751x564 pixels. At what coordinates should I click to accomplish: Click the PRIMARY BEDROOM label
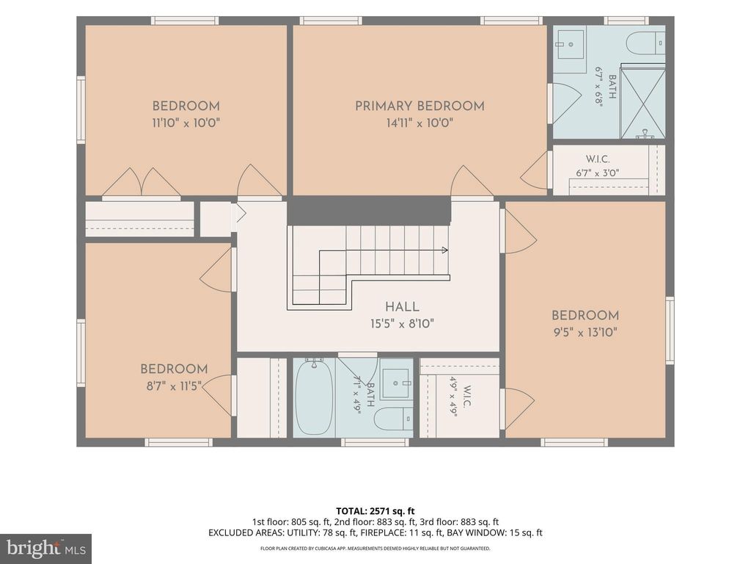pyautogui.click(x=420, y=106)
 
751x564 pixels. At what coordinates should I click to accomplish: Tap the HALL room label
pyautogui.click(x=403, y=307)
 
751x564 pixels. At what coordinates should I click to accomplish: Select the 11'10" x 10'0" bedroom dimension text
pyautogui.click(x=186, y=123)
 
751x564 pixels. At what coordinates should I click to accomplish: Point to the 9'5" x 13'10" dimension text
pyautogui.click(x=585, y=332)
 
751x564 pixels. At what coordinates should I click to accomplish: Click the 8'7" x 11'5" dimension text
pyautogui.click(x=174, y=386)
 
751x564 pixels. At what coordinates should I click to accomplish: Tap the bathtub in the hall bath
pyautogui.click(x=314, y=397)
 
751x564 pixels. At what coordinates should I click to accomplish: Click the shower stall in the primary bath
pyautogui.click(x=642, y=101)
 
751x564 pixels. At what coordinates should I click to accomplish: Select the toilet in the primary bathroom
pyautogui.click(x=645, y=43)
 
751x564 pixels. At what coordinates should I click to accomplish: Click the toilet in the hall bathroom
pyautogui.click(x=393, y=419)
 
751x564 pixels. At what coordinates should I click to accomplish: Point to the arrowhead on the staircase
pyautogui.click(x=445, y=250)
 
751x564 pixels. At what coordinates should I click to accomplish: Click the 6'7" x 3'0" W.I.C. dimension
pyautogui.click(x=598, y=173)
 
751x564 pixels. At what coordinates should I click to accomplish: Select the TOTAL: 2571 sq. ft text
pyautogui.click(x=375, y=511)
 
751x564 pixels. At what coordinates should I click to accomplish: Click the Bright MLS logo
pyautogui.click(x=46, y=549)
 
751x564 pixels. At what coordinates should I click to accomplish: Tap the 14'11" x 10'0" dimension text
pyautogui.click(x=420, y=123)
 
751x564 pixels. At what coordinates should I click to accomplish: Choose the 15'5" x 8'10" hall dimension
pyautogui.click(x=402, y=324)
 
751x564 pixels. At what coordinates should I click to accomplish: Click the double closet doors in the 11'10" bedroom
pyautogui.click(x=141, y=183)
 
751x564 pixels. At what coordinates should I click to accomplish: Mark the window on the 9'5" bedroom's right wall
pyautogui.click(x=670, y=330)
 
